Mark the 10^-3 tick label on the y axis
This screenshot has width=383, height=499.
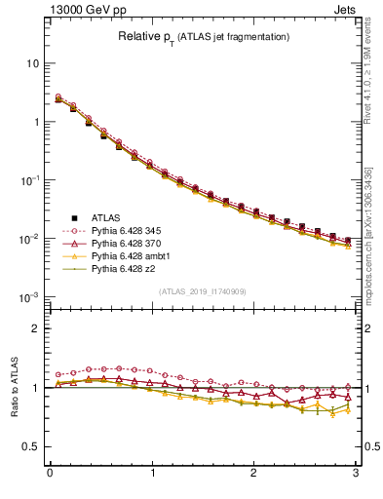tap(29, 296)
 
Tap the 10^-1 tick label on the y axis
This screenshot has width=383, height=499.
tap(29, 180)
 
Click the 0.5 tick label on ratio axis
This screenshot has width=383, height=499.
tap(31, 446)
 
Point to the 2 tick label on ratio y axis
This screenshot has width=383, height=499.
tap(35, 328)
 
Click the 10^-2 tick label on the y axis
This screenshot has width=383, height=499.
tap(29, 239)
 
